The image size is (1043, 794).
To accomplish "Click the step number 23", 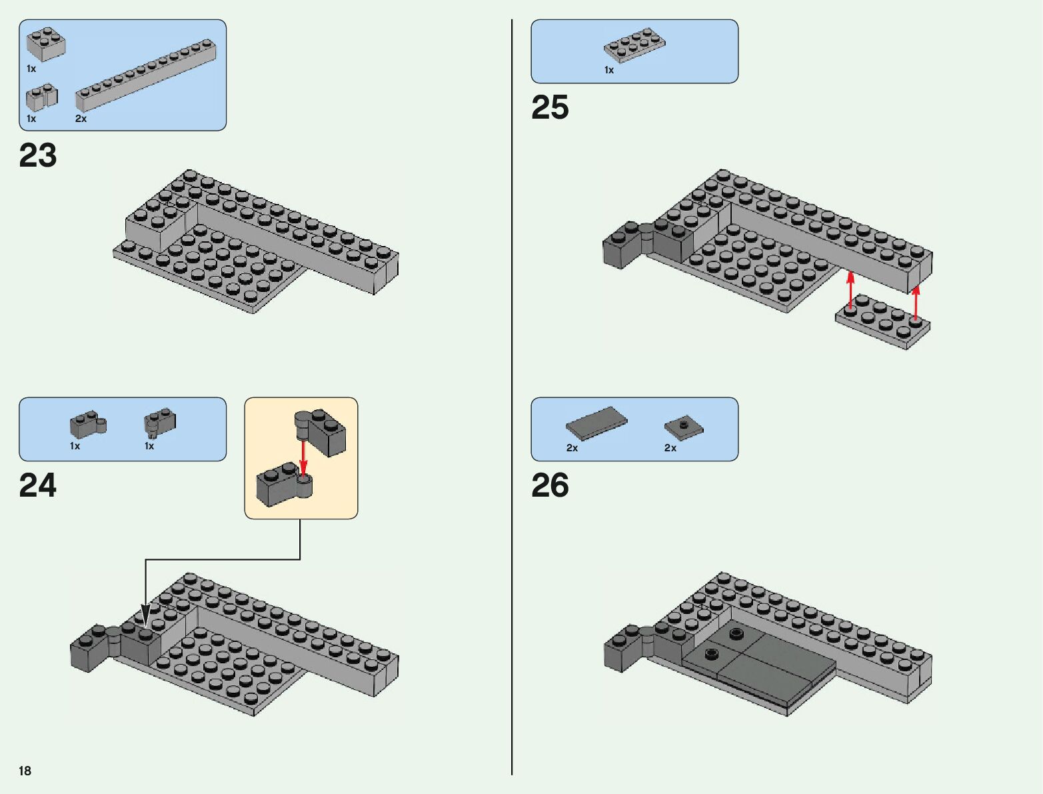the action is coord(38,156).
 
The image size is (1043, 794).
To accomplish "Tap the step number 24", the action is coord(38,486).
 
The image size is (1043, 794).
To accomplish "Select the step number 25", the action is coord(550,108).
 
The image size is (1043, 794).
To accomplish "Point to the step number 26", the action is coord(550,486).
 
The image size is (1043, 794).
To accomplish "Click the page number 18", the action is coord(25,771).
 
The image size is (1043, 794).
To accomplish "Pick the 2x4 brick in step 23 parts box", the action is coord(45,44).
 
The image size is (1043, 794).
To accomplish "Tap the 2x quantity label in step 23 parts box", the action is coord(81,119).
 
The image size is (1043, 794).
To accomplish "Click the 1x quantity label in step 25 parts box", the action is coord(609,70).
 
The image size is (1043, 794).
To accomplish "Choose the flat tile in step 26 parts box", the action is coord(596,423).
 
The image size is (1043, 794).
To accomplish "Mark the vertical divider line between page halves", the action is coord(512,400).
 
